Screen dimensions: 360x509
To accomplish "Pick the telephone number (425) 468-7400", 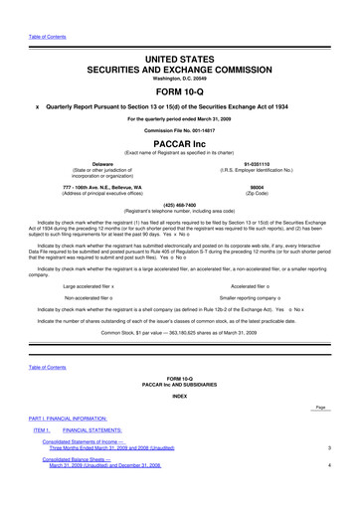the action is (179, 206).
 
